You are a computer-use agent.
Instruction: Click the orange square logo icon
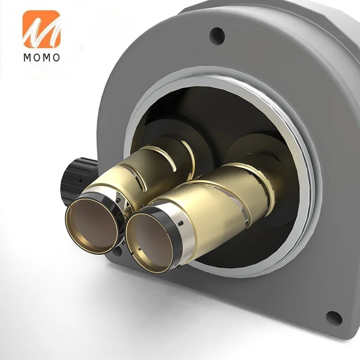(x=41, y=29)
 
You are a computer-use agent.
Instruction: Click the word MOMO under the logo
(x=41, y=58)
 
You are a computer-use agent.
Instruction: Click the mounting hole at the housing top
(x=217, y=35)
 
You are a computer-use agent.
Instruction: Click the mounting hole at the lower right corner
(x=334, y=319)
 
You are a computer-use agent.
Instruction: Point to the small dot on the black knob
(x=81, y=181)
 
